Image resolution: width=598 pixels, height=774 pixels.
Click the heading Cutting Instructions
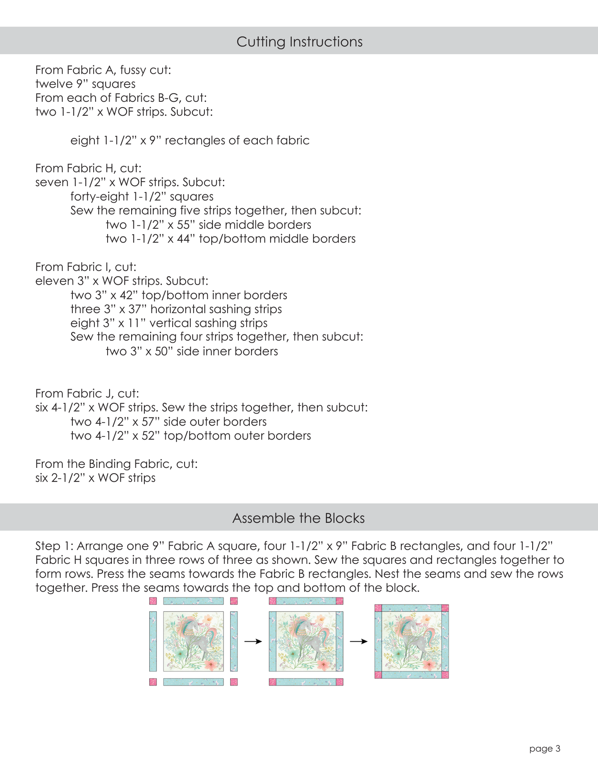click(x=299, y=42)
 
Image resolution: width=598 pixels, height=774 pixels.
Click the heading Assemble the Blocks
click(x=298, y=518)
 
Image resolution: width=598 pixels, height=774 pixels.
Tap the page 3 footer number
click(x=545, y=748)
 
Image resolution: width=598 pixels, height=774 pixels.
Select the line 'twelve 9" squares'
click(x=85, y=84)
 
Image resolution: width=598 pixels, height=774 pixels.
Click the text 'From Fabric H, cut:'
click(x=88, y=168)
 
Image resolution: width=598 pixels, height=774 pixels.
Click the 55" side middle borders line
click(x=208, y=225)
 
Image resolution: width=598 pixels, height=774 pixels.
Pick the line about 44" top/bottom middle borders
click(x=231, y=239)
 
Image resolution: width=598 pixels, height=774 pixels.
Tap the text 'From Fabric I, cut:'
click(x=86, y=267)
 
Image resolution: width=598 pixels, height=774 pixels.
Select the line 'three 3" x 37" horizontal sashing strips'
click(x=176, y=309)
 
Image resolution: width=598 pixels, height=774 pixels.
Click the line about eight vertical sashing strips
click(x=169, y=323)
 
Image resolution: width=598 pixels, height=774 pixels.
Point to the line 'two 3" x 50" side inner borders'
click(x=192, y=351)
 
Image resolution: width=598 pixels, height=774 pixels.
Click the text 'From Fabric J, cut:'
click(x=87, y=393)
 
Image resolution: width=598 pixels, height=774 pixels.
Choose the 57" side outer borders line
click(x=168, y=422)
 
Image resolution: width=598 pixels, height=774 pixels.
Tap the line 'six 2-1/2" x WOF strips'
click(x=95, y=478)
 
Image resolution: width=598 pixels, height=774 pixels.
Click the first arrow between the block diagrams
click(x=253, y=641)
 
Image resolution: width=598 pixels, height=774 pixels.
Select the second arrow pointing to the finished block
click(x=358, y=641)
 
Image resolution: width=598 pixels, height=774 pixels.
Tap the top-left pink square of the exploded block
click(x=153, y=601)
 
